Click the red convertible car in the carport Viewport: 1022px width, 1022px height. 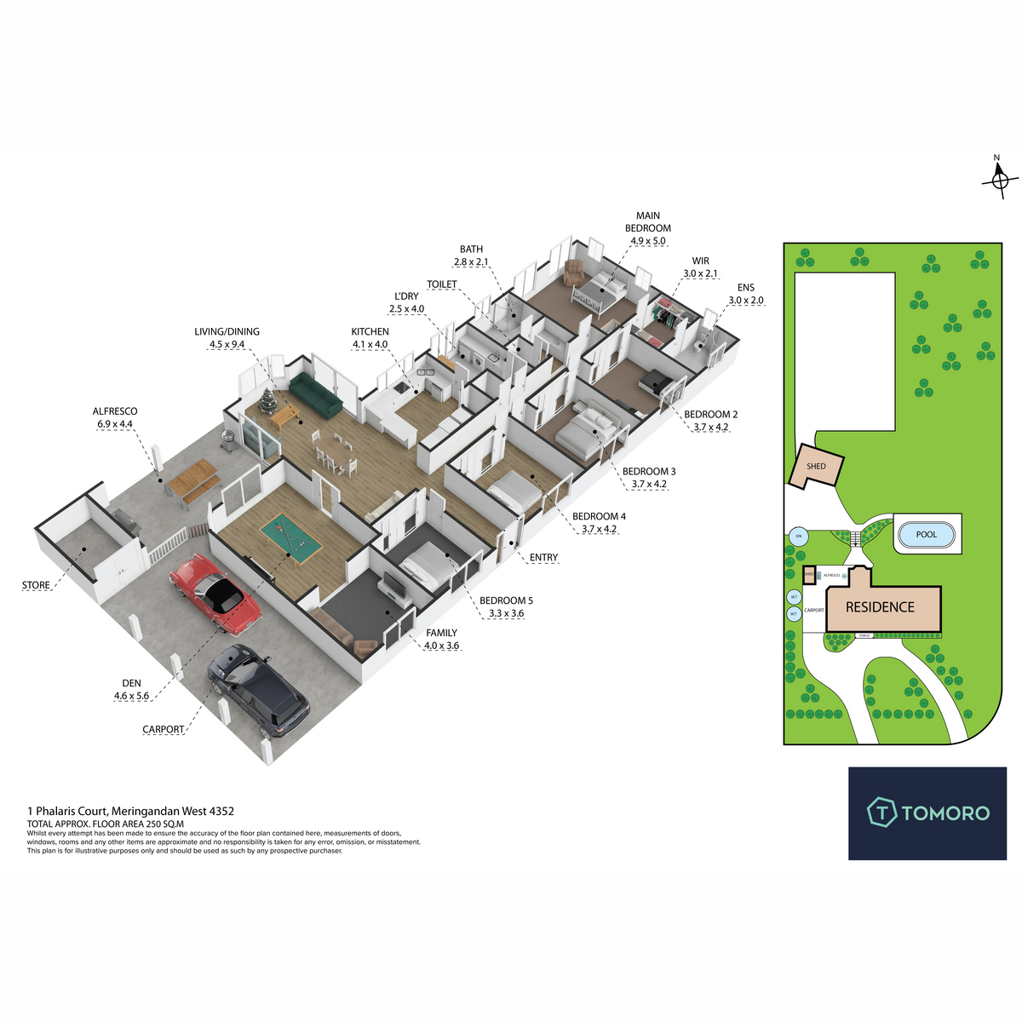(216, 594)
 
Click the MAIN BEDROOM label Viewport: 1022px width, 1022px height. (647, 222)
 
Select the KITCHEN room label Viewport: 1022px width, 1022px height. (370, 331)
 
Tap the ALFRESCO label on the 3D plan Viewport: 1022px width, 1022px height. (115, 411)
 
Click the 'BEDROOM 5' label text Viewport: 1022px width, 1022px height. (506, 600)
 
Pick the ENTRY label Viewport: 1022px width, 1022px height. (543, 558)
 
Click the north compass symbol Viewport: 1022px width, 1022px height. (999, 179)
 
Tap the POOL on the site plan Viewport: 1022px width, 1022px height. (927, 535)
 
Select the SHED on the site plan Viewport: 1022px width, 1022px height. (817, 467)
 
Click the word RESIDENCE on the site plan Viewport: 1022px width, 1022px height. (880, 607)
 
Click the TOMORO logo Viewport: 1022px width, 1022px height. (927, 812)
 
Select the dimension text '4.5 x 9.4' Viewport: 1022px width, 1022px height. (227, 345)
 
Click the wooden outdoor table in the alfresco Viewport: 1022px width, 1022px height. (192, 476)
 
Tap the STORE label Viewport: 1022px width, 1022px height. (36, 585)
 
